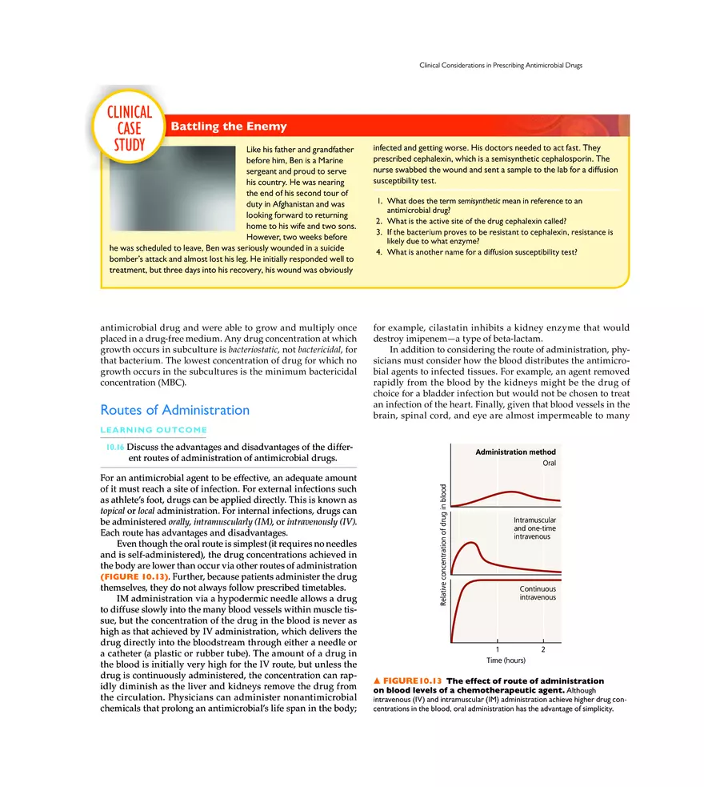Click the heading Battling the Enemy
229,126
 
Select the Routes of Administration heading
174,410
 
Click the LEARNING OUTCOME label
153,430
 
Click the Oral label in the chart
548,463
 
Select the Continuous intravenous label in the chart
538,592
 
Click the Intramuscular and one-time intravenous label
534,528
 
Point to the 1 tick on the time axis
498,648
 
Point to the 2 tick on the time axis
543,648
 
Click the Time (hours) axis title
506,661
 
